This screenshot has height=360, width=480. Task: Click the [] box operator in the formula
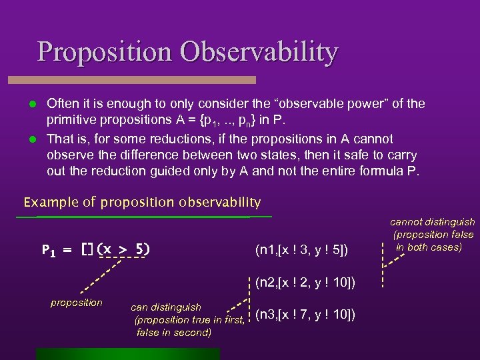coord(88,250)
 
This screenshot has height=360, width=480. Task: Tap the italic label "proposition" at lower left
coord(77,303)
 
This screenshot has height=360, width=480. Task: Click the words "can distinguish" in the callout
coord(166,307)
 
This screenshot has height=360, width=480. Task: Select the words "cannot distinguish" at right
coord(432,222)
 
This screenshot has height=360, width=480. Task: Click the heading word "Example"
coord(46,202)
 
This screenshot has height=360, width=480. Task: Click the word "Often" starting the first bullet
coord(63,104)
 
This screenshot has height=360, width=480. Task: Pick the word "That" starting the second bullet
coord(60,139)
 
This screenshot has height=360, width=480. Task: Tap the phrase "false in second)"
coord(173,332)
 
